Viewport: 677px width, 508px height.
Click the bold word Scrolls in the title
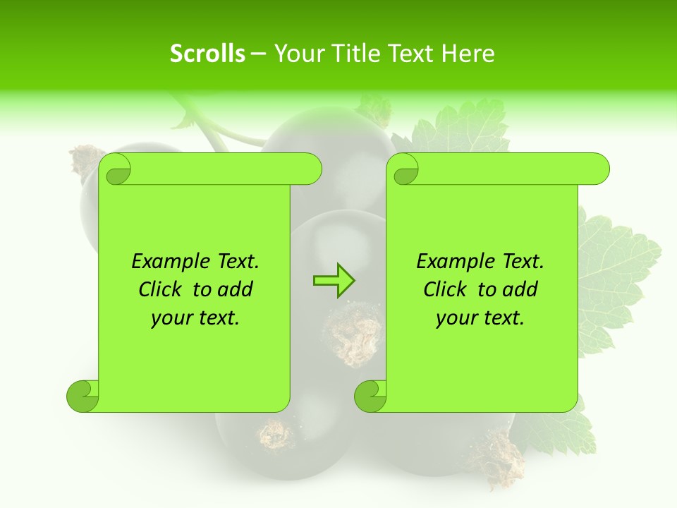[207, 54]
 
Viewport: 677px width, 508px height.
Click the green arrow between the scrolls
[334, 280]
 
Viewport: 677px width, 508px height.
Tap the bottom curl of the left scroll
[82, 396]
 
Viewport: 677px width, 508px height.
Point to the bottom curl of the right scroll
[370, 396]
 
